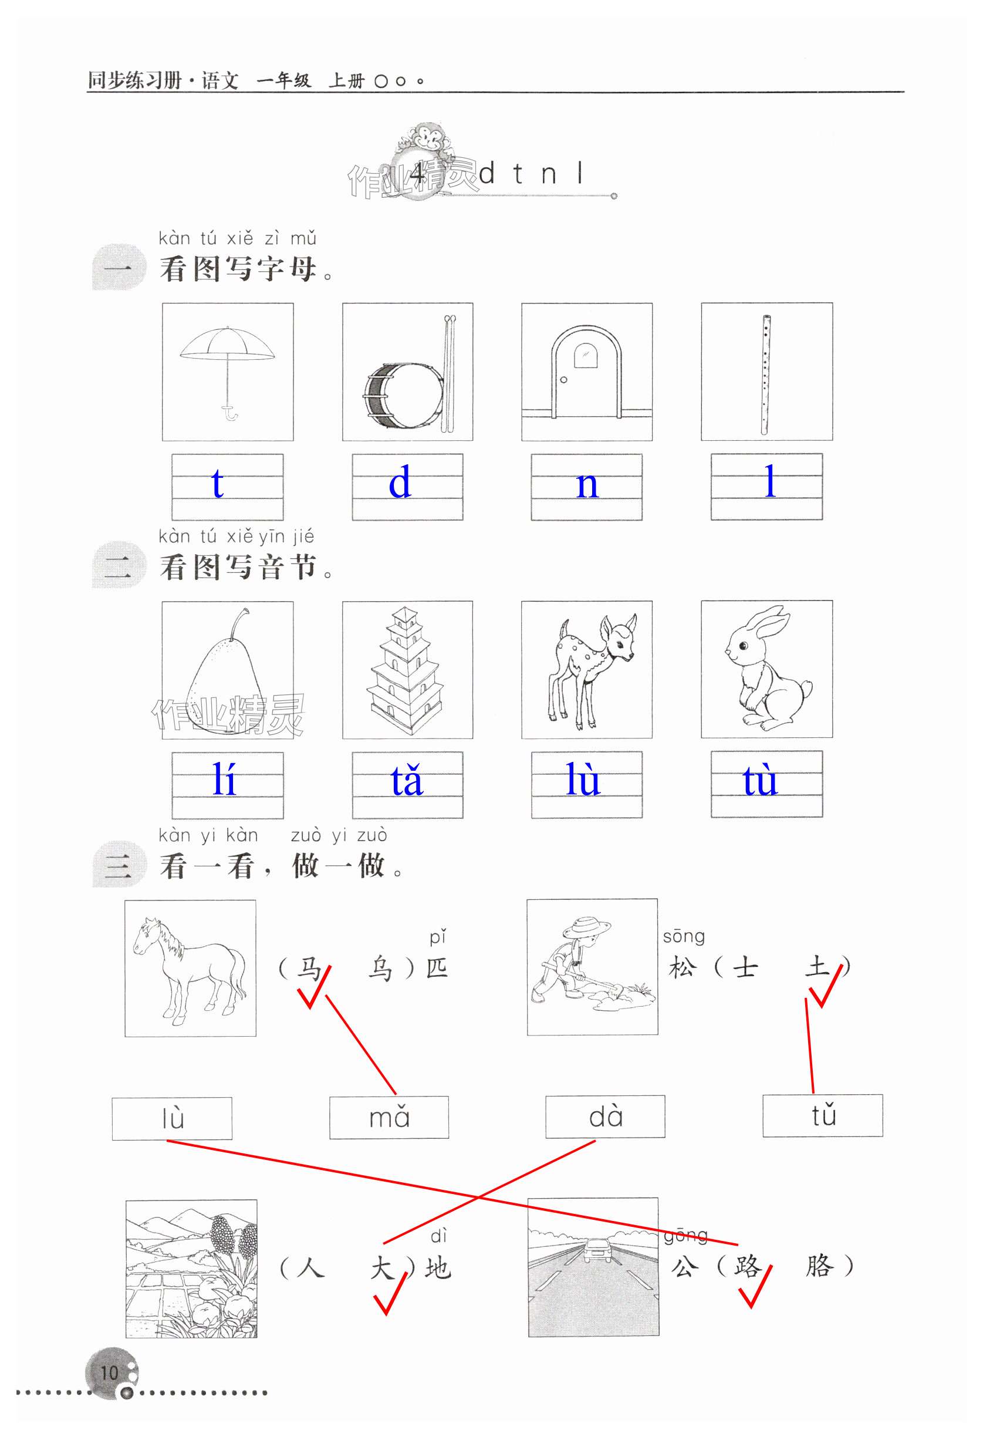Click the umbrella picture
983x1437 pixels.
[228, 372]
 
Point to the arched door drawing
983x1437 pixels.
[586, 372]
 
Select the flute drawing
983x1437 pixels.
[765, 375]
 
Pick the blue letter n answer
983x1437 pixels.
[587, 485]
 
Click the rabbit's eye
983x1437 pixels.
[743, 646]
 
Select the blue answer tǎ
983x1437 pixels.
[406, 780]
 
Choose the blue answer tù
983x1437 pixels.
[760, 780]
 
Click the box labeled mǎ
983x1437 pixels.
[389, 1117]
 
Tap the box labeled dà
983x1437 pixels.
[605, 1116]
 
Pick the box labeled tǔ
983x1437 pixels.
[823, 1115]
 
